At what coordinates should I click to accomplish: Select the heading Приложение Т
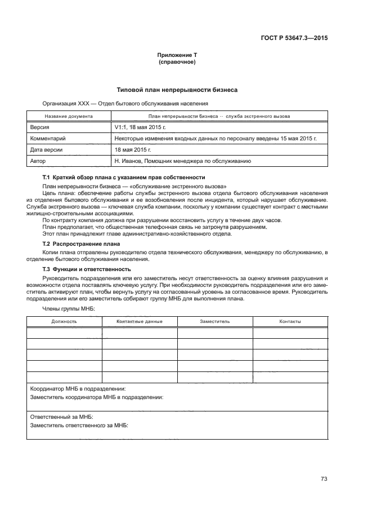(177, 55)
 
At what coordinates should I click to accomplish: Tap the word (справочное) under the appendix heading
(177, 62)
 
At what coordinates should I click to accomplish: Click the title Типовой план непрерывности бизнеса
(177, 90)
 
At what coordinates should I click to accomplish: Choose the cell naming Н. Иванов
(182, 161)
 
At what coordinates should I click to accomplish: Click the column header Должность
(64, 321)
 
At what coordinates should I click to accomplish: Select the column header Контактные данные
(140, 321)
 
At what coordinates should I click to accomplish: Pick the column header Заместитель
(214, 321)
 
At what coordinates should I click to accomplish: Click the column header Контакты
(290, 321)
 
